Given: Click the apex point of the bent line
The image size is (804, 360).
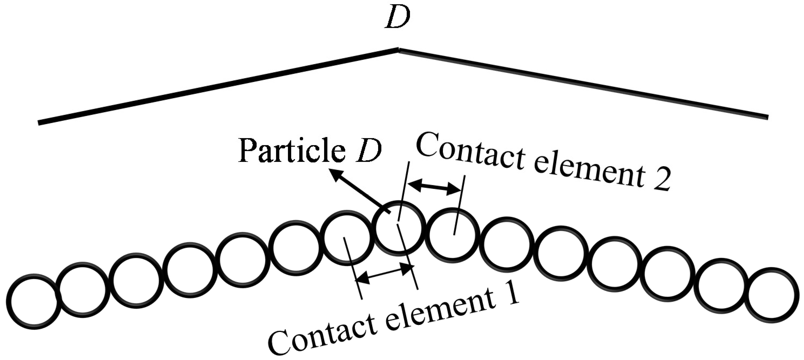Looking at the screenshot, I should point(399,49).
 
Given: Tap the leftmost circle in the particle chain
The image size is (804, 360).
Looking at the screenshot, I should point(34,301).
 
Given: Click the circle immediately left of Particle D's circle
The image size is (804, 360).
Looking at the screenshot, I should point(347,238).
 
